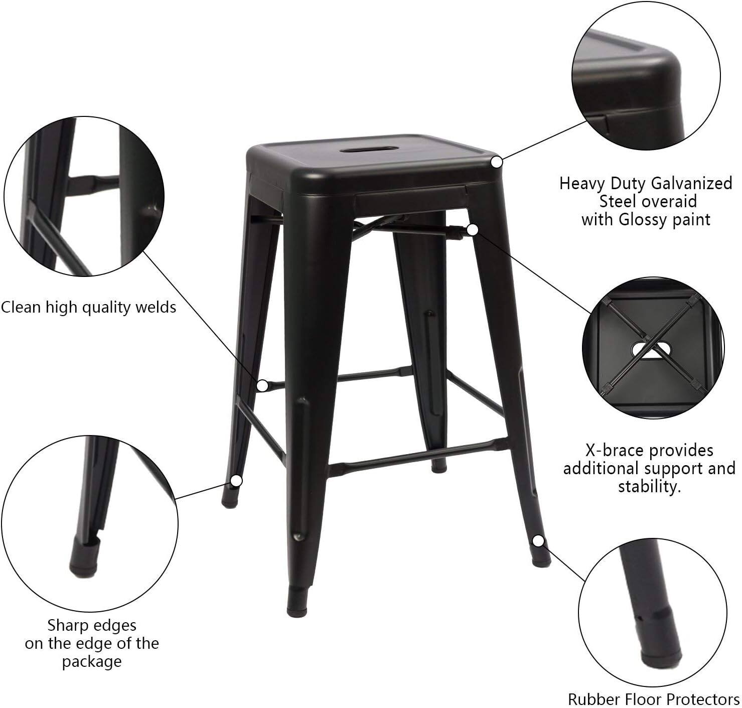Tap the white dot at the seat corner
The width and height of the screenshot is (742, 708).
[497, 163]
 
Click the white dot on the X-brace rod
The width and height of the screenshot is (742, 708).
[472, 230]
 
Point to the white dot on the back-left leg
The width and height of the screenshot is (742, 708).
[236, 481]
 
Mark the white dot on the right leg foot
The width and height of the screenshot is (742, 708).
[538, 541]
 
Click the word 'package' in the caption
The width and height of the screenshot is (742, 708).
[92, 661]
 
